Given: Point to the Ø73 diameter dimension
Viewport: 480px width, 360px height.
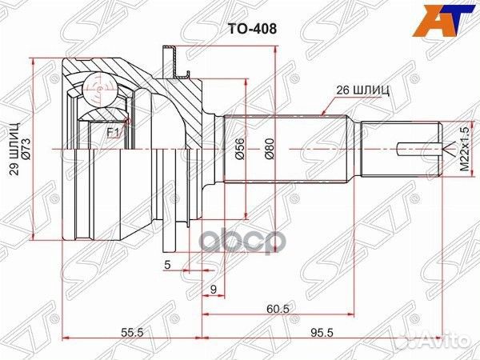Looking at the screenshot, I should (28, 149).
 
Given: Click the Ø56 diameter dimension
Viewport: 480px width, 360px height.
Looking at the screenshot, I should (238, 150).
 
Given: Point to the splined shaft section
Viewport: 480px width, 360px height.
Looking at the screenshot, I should (288, 150).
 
